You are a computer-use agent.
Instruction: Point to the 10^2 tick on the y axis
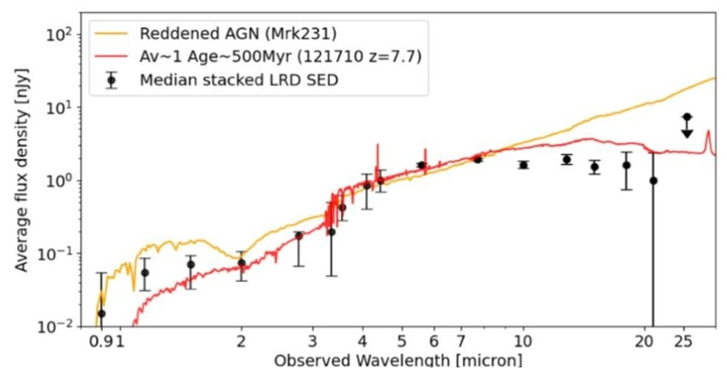click(60, 34)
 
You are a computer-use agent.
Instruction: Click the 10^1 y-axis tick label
click(60, 107)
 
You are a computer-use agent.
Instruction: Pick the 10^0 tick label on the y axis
click(60, 180)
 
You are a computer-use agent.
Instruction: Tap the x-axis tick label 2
click(241, 343)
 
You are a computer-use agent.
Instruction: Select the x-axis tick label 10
click(522, 343)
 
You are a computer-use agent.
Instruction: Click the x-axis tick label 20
click(644, 343)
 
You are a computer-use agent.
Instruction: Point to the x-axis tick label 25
click(685, 343)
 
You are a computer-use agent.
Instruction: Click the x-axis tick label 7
click(461, 343)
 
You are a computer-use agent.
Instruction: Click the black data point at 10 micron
click(523, 165)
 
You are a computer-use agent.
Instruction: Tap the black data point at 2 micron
click(241, 263)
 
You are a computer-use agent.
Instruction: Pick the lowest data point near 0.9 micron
click(101, 313)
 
